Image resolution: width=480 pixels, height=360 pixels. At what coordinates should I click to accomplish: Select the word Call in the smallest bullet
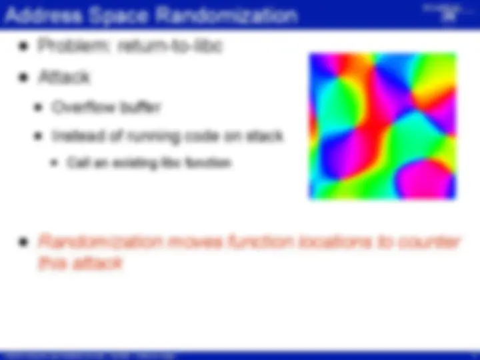pyautogui.click(x=74, y=162)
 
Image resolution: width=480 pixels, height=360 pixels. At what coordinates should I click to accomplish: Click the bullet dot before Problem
pyautogui.click(x=25, y=47)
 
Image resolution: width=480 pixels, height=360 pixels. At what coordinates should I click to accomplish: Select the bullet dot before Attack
pyautogui.click(x=25, y=77)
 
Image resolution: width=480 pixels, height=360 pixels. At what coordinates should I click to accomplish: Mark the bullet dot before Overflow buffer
pyautogui.click(x=40, y=107)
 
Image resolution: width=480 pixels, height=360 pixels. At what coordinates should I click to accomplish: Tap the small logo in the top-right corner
pyautogui.click(x=448, y=15)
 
